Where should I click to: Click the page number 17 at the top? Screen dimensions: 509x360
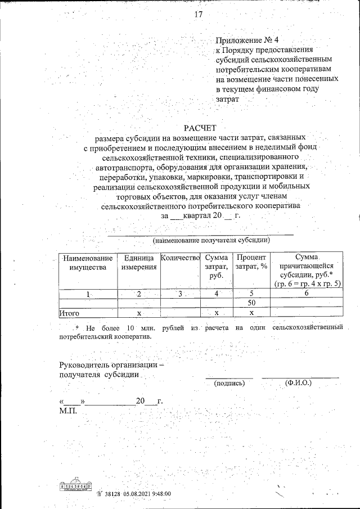click(198, 15)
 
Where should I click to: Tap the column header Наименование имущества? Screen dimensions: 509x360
click(87, 263)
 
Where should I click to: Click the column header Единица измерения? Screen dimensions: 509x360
click(138, 263)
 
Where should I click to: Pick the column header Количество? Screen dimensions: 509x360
click(180, 258)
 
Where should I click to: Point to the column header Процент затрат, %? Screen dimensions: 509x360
click(251, 262)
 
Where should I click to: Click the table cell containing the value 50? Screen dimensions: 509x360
click(251, 303)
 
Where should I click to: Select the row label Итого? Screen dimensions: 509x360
click(70, 313)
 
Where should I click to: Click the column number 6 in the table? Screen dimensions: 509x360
click(307, 294)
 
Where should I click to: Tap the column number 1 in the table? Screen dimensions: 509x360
click(88, 294)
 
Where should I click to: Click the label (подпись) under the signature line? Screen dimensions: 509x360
click(229, 384)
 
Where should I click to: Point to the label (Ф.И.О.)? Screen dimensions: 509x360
click(299, 384)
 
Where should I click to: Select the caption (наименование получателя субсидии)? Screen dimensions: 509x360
click(211, 240)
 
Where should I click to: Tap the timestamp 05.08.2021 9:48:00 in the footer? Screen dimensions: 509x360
click(144, 494)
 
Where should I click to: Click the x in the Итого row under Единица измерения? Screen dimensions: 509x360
click(139, 313)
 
